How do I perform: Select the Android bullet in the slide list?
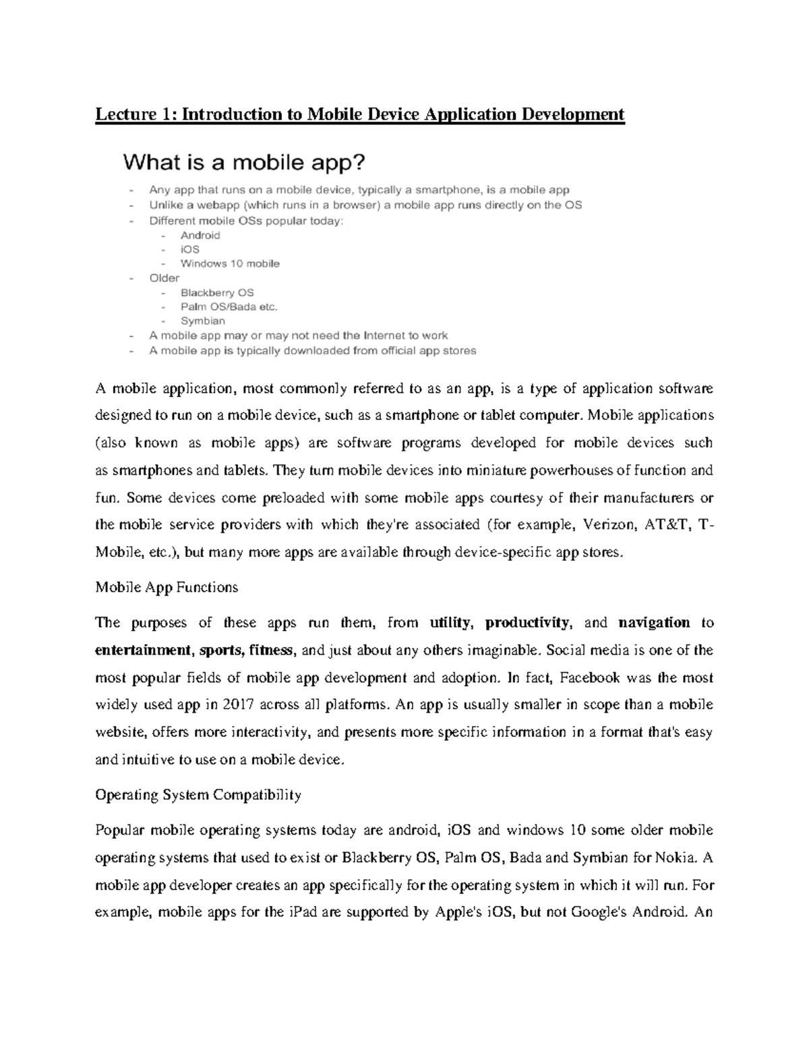click(x=200, y=235)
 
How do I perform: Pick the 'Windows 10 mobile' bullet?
click(x=230, y=264)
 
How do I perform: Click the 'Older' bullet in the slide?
click(x=164, y=278)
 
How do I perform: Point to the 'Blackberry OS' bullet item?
click(x=217, y=293)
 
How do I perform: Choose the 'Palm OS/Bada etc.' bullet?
click(x=229, y=307)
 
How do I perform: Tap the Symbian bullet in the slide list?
click(x=202, y=321)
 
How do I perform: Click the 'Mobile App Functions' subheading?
click(x=167, y=588)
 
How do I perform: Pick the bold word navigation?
click(x=654, y=623)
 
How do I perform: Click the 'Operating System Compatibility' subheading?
click(x=198, y=795)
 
